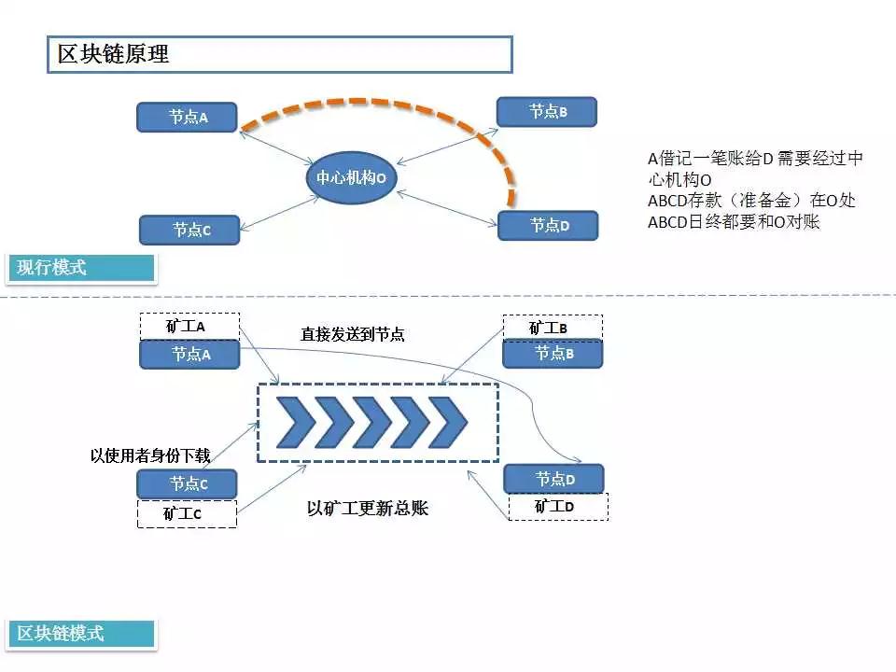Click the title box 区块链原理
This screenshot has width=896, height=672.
click(279, 54)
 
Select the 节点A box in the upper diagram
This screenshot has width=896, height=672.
click(187, 118)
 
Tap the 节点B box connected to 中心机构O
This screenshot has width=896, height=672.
click(547, 111)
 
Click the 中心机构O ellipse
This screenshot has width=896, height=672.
click(352, 177)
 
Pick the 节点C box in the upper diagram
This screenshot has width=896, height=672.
click(189, 230)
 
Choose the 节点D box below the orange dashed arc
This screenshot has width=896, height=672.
click(548, 225)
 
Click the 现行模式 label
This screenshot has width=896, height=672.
click(80, 268)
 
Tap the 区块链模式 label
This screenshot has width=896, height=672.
click(81, 634)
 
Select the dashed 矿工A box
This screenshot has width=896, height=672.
click(189, 327)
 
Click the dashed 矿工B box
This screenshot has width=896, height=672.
click(553, 328)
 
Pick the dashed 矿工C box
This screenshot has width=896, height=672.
click(187, 513)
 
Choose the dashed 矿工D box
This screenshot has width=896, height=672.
click(558, 506)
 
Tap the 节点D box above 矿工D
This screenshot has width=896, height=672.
click(553, 478)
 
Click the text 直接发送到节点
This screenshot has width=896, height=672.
click(353, 334)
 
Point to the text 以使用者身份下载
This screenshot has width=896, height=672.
click(150, 455)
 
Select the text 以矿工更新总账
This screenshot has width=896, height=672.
click(368, 508)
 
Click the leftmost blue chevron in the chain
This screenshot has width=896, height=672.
click(296, 422)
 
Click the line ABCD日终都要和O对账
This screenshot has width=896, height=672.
click(734, 222)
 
